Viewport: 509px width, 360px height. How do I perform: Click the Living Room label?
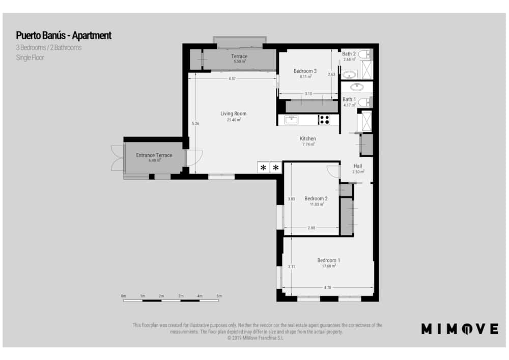[x=234, y=114]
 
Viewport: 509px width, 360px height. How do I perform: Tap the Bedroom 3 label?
[x=305, y=71]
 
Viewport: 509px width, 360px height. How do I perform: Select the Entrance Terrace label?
[x=154, y=155]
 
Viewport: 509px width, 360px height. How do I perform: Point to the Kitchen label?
[x=308, y=139]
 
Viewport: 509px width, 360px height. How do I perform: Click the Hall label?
[x=358, y=166]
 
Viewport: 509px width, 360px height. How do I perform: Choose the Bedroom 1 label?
[x=328, y=260]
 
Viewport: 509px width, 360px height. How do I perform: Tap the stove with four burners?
[x=324, y=120]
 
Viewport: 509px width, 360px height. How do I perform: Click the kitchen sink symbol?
[x=292, y=120]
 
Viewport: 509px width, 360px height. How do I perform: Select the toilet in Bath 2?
[x=364, y=54]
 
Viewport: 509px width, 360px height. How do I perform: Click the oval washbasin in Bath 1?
[x=357, y=87]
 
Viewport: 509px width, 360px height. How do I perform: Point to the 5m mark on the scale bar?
[x=219, y=296]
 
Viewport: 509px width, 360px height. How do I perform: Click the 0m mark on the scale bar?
[x=123, y=296]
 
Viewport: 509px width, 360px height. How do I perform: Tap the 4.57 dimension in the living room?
[x=232, y=79]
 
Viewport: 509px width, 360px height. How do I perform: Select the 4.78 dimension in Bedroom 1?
[x=327, y=288]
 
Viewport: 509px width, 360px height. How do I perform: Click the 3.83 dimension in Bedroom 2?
[x=291, y=199]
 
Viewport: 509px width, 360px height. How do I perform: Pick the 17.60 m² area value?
[x=328, y=266]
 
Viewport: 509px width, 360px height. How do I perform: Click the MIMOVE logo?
[x=460, y=329]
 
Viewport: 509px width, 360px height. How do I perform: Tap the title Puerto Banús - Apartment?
[x=64, y=35]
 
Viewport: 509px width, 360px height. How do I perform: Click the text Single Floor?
[x=30, y=58]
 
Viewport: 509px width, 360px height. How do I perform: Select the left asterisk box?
[x=263, y=168]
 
